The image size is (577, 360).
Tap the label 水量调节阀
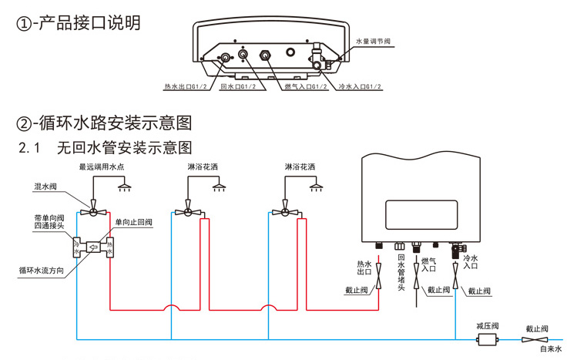375,40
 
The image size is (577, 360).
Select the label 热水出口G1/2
186,86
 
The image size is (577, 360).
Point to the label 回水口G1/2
238,86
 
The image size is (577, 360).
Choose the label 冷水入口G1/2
359,86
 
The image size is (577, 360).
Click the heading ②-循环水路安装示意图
104,123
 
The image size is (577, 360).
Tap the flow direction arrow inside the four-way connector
92,248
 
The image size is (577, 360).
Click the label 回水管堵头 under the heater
401,273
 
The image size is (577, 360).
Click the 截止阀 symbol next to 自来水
536,339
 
